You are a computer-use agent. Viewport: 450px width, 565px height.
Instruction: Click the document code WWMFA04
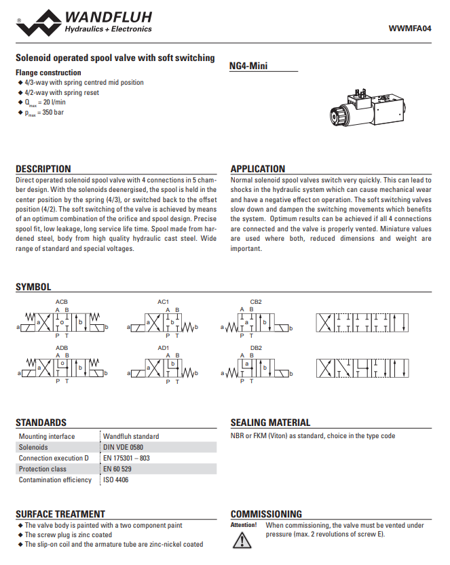pyautogui.click(x=409, y=28)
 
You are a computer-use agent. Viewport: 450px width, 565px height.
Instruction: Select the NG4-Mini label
pyautogui.click(x=250, y=66)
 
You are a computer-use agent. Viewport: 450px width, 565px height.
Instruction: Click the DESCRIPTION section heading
pyautogui.click(x=43, y=169)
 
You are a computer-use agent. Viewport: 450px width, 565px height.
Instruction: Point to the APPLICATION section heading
pyautogui.click(x=258, y=169)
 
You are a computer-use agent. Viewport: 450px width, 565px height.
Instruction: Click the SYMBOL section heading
pyautogui.click(x=33, y=288)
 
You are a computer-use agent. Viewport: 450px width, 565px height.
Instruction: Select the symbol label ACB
pyautogui.click(x=62, y=301)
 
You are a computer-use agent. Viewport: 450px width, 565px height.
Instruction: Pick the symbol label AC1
pyautogui.click(x=163, y=301)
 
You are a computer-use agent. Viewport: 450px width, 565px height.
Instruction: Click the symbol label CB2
pyautogui.click(x=256, y=301)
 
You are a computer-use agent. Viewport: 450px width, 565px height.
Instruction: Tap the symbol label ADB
pyautogui.click(x=62, y=348)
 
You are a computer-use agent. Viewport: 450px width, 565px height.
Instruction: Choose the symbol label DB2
pyautogui.click(x=256, y=348)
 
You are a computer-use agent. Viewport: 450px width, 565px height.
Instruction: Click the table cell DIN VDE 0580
pyautogui.click(x=123, y=448)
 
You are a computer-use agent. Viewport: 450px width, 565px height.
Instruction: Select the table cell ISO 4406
pyautogui.click(x=115, y=480)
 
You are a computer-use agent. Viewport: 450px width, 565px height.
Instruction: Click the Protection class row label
pyautogui.click(x=43, y=469)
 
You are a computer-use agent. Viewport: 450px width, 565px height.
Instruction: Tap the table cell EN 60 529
pyautogui.click(x=118, y=469)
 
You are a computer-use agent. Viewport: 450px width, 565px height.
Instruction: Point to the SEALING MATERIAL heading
pyautogui.click(x=270, y=423)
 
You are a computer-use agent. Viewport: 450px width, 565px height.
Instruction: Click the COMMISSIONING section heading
pyautogui.click(x=266, y=514)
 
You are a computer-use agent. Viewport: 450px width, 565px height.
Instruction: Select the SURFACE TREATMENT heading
pyautogui.click(x=60, y=514)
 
